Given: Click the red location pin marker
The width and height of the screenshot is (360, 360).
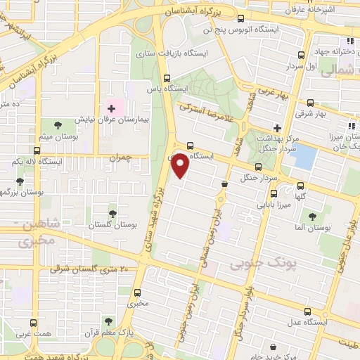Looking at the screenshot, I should pyautogui.click(x=181, y=166).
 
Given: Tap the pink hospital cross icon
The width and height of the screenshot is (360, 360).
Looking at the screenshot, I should pyautogui.click(x=110, y=109).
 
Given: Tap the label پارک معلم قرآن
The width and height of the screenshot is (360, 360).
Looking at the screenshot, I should pyautogui.click(x=106, y=330).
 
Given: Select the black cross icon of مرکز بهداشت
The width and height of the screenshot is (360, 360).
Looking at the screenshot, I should pyautogui.click(x=278, y=129).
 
